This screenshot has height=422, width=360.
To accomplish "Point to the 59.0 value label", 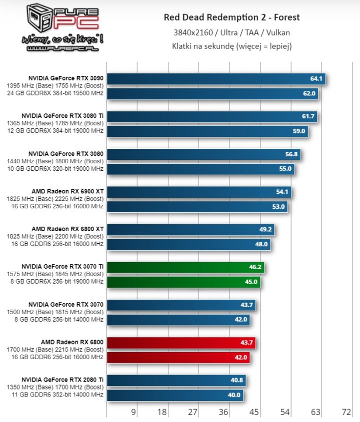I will pyautogui.click(x=299, y=131).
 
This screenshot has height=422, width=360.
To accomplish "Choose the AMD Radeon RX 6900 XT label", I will pyautogui.click(x=67, y=191).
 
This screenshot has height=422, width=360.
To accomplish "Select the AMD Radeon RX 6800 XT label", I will pyautogui.click(x=67, y=229).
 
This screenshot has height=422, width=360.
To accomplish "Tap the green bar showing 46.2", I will pyautogui.click(x=185, y=267).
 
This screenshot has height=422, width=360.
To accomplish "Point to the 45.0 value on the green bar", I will pyautogui.click(x=251, y=282).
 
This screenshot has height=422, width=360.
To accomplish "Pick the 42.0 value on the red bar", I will pyautogui.click(x=240, y=358).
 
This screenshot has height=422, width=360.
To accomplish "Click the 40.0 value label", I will pyautogui.click(x=234, y=395).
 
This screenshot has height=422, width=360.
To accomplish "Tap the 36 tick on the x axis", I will pyautogui.click(x=223, y=413).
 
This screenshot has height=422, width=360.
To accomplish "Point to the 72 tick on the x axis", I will pyautogui.click(x=346, y=413).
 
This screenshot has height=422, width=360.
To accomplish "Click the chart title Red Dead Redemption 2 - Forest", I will pyautogui.click(x=231, y=17).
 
